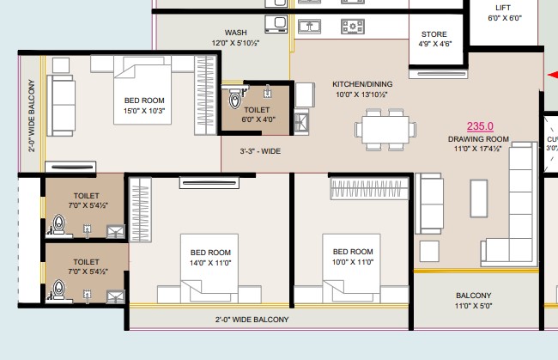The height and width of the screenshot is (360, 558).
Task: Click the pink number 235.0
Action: [480, 126]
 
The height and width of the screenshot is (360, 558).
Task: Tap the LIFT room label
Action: [503, 8]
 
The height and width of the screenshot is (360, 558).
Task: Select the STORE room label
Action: [434, 34]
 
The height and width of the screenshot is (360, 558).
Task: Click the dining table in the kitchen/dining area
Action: [385, 129]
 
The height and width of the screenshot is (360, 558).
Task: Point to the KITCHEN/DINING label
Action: [362, 84]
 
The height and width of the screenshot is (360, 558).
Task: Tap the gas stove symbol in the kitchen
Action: [353, 27]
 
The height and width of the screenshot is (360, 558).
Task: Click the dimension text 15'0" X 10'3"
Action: [144, 111]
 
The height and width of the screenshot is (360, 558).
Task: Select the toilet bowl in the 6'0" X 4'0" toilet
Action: [235, 100]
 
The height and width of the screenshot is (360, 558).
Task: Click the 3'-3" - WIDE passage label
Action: [260, 151]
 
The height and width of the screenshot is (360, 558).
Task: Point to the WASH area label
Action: [235, 33]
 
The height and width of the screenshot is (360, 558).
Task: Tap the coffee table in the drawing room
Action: [479, 198]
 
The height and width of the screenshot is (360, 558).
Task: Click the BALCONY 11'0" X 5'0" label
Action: [474, 301]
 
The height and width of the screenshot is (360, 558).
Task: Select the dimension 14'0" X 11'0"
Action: [210, 263]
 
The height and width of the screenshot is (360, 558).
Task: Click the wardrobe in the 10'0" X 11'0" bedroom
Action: [369, 188]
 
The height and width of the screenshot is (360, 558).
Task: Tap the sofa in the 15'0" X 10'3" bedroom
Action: [61, 105]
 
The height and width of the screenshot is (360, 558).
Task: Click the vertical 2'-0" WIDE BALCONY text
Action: [32, 116]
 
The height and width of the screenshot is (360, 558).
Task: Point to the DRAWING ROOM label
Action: [478, 139]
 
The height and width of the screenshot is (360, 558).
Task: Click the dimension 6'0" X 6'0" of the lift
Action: [505, 18]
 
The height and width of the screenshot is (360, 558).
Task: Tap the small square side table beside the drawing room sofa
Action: [429, 252]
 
